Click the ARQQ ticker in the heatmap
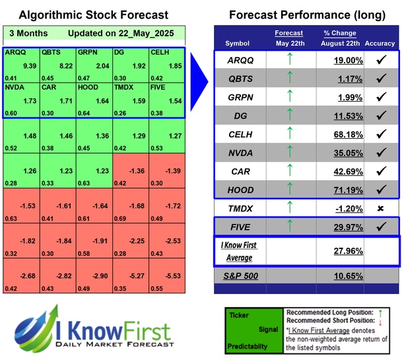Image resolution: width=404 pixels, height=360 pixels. tap(15, 51)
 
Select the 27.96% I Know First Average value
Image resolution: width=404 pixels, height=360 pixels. tap(337, 252)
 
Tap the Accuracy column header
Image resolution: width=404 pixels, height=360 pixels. tap(379, 44)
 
